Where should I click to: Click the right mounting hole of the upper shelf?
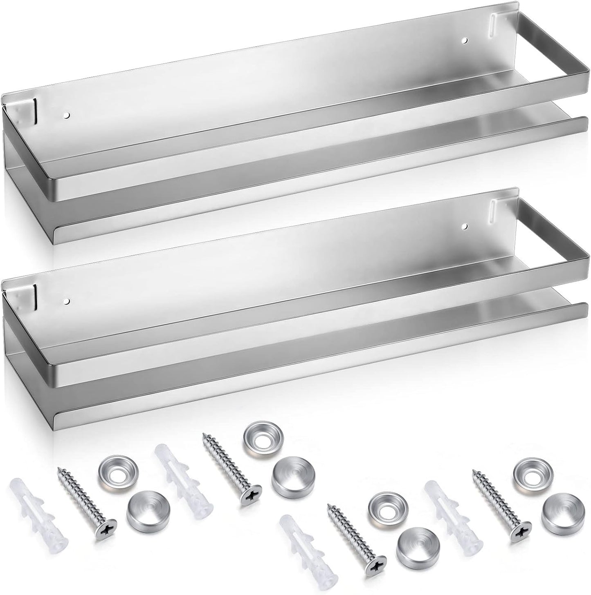[464, 40]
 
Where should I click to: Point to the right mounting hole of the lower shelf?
[464, 225]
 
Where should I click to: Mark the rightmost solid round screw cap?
[560, 510]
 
